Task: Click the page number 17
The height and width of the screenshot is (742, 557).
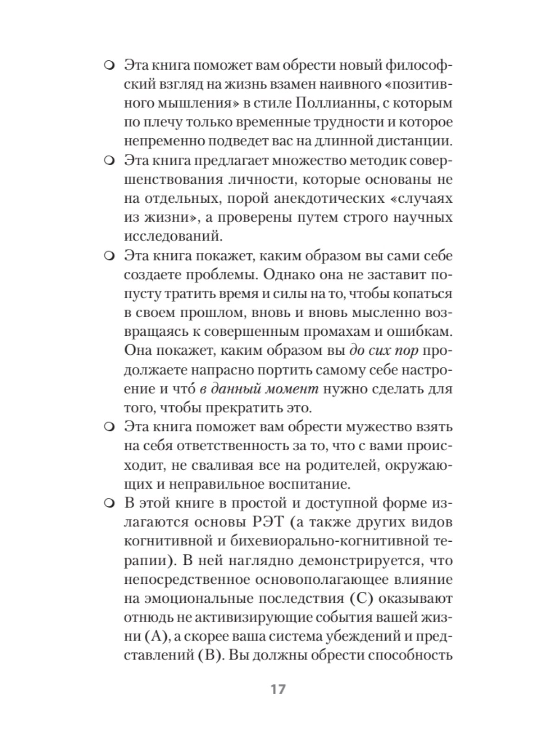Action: tap(278, 689)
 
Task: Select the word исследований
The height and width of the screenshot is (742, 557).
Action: tap(173, 237)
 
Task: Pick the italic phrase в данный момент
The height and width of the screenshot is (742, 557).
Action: tap(259, 389)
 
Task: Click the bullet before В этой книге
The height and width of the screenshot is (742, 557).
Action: tap(109, 503)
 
